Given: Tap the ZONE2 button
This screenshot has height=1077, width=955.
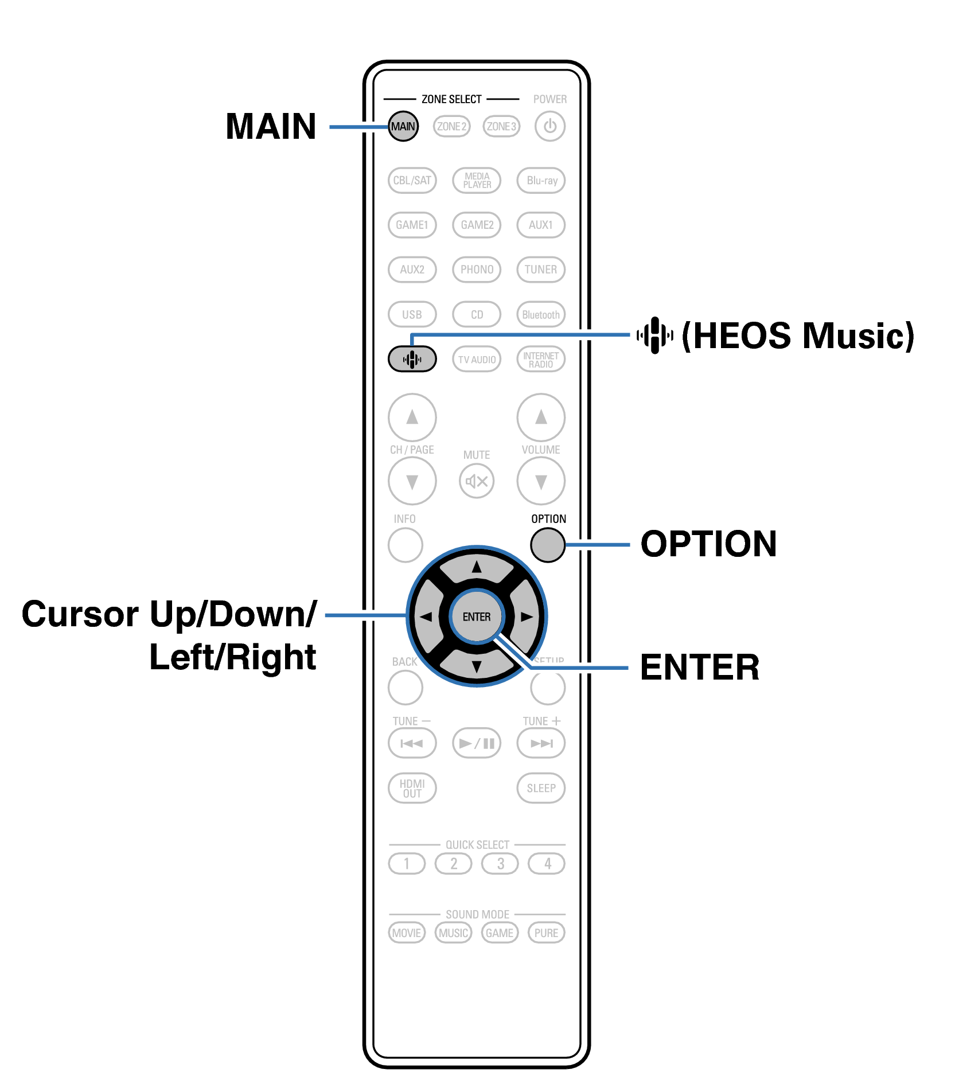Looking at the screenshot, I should [451, 126].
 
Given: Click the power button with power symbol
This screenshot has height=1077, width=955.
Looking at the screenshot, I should [549, 126].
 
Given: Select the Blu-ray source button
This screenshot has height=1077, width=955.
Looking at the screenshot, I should [541, 180].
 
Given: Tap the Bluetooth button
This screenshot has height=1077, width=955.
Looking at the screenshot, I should [541, 314].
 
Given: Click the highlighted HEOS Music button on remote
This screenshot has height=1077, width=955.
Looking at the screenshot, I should [412, 360].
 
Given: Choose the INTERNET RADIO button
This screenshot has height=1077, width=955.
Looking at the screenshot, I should [541, 360].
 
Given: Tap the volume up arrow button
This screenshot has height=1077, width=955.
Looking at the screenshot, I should [541, 417].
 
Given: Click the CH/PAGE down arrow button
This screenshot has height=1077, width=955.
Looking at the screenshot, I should [412, 481].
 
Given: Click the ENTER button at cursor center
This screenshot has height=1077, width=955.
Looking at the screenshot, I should [477, 616].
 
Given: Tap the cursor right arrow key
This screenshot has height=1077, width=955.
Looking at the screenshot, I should [526, 616].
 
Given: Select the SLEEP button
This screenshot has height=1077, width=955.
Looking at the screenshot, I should [541, 788].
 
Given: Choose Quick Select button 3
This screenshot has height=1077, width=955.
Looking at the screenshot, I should [500, 863].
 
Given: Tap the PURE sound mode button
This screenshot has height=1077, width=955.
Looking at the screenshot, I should [546, 932].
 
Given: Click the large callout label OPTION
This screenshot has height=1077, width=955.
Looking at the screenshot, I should [708, 544].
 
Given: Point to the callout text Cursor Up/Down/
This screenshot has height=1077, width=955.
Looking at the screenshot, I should [169, 614].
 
